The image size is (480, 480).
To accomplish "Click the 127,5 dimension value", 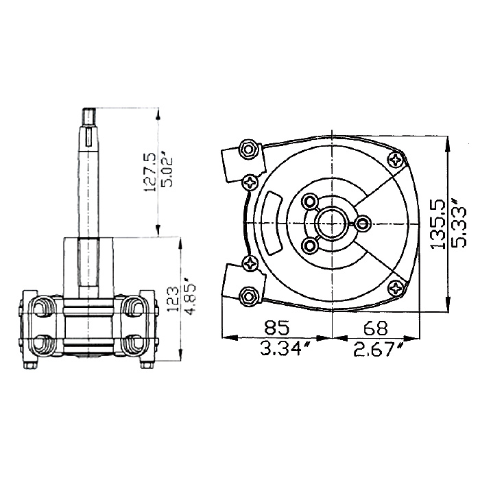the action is (x=149, y=172).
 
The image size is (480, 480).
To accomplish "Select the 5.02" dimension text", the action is (x=166, y=171).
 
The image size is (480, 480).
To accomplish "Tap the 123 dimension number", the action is (x=173, y=299).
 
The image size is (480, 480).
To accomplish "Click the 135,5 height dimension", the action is (x=437, y=224).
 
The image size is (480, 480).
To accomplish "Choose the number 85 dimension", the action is (x=277, y=327).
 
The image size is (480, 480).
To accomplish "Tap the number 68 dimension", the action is (x=375, y=328).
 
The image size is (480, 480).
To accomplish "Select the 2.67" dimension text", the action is (x=378, y=349).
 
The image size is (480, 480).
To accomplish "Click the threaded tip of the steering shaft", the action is (x=89, y=116).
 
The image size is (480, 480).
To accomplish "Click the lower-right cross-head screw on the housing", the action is (x=396, y=288).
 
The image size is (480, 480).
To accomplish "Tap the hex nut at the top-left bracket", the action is (x=248, y=149).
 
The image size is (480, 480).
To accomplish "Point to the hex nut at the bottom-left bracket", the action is (x=248, y=296).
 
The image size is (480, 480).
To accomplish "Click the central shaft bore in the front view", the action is (x=332, y=224).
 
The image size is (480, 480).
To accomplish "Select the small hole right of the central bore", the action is (x=363, y=223).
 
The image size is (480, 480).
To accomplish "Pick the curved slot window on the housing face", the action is (x=274, y=223).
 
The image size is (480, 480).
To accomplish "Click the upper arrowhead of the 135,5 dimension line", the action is (x=448, y=143).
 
